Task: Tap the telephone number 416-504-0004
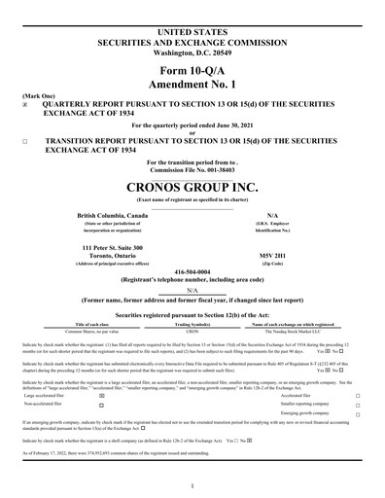tap(192, 272)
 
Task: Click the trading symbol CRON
tap(192, 332)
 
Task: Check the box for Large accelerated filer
tap(101, 396)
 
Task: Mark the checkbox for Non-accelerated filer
tap(101, 405)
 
